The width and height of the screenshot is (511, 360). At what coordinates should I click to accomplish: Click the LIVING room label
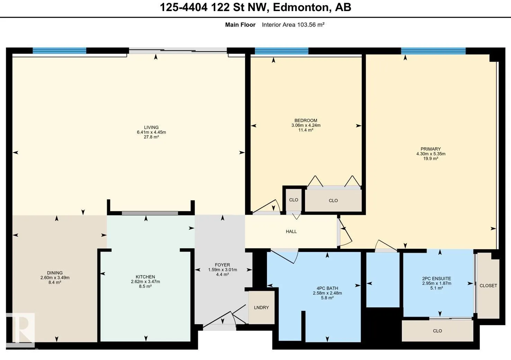click(x=151, y=128)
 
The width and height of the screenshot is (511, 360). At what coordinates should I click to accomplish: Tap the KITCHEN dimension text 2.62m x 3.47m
click(x=145, y=281)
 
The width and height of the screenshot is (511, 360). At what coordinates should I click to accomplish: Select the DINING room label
click(x=55, y=273)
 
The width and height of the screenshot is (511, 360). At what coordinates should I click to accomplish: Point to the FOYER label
click(x=222, y=265)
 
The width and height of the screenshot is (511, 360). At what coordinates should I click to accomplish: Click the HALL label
click(x=291, y=231)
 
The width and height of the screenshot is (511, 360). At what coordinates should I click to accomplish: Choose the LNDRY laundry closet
click(x=261, y=308)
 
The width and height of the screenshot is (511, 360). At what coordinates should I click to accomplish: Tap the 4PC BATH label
click(x=328, y=288)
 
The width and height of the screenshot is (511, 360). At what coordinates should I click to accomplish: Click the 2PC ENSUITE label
click(x=437, y=279)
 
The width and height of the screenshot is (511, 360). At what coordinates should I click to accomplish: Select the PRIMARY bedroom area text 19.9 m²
click(x=431, y=158)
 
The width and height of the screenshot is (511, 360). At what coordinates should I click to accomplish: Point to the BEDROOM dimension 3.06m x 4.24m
click(x=306, y=125)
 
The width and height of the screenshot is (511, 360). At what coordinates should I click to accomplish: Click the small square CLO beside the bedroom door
click(x=294, y=200)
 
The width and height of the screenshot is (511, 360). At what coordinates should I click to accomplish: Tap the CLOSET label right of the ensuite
click(x=488, y=286)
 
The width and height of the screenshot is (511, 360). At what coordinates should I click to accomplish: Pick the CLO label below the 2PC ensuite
click(x=437, y=331)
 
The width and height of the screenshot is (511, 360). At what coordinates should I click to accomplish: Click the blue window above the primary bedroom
click(x=433, y=51)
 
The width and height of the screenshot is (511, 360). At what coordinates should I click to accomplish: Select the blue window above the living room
click(x=59, y=51)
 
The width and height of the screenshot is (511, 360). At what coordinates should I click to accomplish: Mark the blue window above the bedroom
click(x=281, y=51)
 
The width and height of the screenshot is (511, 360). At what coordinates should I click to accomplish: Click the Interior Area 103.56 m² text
click(x=293, y=25)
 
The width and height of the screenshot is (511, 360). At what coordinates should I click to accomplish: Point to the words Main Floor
click(x=240, y=25)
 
